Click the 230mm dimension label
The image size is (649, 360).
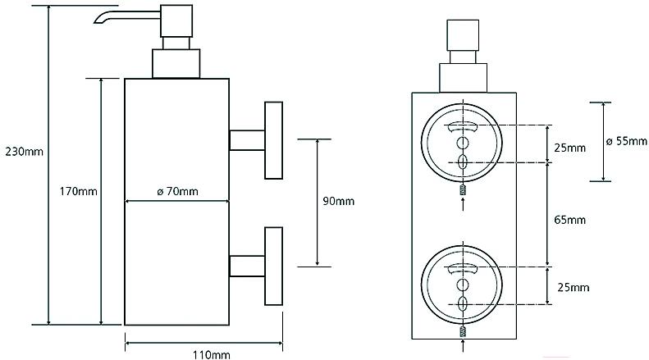(24, 151)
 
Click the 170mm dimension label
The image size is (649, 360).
(78, 192)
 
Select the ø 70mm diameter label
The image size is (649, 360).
(176, 192)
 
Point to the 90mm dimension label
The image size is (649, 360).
(337, 201)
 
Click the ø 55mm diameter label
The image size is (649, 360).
(627, 141)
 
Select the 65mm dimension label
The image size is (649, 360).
(569, 219)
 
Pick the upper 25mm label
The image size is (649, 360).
(569, 148)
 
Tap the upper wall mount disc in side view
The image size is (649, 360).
(272, 140)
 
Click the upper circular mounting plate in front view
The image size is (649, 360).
(463, 143)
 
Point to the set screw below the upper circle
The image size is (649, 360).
(463, 191)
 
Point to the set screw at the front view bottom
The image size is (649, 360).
(463, 332)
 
